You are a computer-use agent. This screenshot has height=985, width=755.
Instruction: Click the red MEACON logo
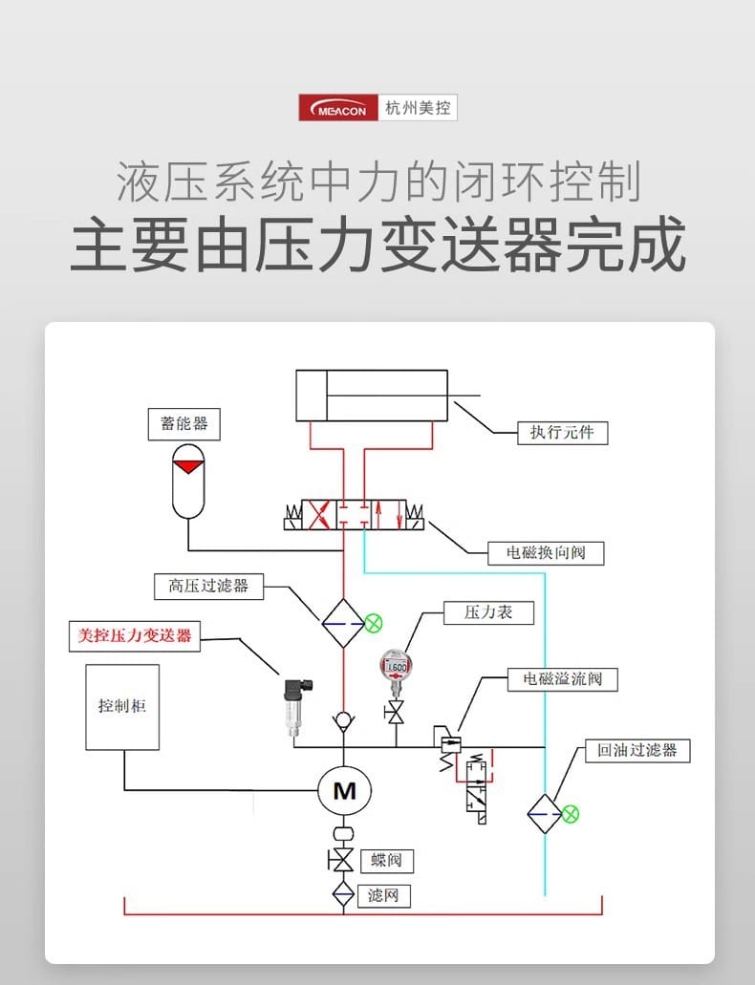(338, 107)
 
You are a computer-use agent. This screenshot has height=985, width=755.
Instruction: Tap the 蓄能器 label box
(184, 422)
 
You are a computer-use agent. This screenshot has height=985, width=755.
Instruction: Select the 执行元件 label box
(562, 433)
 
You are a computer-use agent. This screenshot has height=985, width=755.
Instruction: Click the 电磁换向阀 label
(546, 552)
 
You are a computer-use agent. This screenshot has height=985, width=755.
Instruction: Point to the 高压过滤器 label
(208, 586)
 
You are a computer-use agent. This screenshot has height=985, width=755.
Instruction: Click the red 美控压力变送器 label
(135, 636)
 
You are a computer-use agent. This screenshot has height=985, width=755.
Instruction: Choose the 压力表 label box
(488, 612)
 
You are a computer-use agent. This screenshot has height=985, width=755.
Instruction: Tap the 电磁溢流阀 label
(562, 679)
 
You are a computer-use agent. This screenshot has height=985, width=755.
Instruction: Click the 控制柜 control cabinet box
(122, 707)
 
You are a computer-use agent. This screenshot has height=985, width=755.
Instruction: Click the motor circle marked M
(344, 790)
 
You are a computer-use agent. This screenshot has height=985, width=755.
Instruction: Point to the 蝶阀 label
(386, 860)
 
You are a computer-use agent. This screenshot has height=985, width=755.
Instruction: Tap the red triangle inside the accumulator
(189, 465)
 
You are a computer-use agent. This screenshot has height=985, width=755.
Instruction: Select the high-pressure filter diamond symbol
(343, 624)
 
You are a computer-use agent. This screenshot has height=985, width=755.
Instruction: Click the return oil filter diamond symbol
(545, 814)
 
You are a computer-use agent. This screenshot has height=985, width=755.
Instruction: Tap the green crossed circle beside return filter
(571, 814)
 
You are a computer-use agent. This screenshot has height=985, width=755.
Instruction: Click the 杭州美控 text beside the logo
(417, 107)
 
